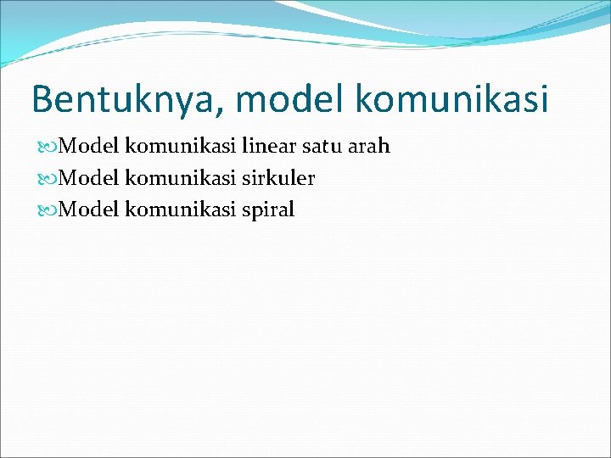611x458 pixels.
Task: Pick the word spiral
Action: (x=267, y=210)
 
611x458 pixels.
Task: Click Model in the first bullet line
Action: (x=91, y=147)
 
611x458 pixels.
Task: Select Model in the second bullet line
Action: (x=91, y=179)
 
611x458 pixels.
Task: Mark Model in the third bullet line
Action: (x=91, y=210)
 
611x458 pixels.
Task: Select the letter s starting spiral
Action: (x=245, y=211)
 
